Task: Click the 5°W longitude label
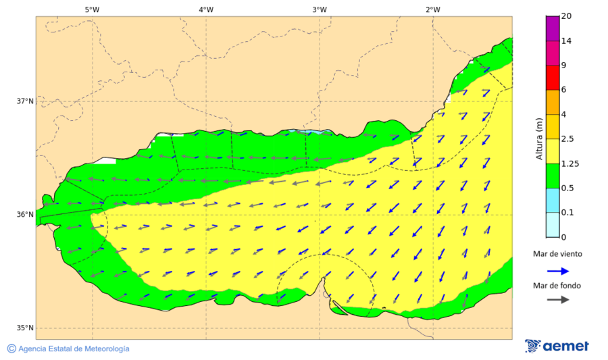point(93,9)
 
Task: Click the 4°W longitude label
point(206,9)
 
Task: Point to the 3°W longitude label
point(320,9)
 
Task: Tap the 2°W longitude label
point(433,9)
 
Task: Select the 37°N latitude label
point(25,101)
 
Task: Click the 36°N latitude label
point(25,215)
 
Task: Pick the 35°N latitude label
point(25,328)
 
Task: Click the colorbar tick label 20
point(566,17)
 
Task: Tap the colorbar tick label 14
point(566,41)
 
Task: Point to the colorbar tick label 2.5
point(568,139)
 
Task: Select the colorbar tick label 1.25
point(570,163)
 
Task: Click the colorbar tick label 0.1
point(568,213)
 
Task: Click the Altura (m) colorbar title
point(539,138)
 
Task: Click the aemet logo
point(557,346)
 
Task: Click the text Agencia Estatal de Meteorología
point(74,349)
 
